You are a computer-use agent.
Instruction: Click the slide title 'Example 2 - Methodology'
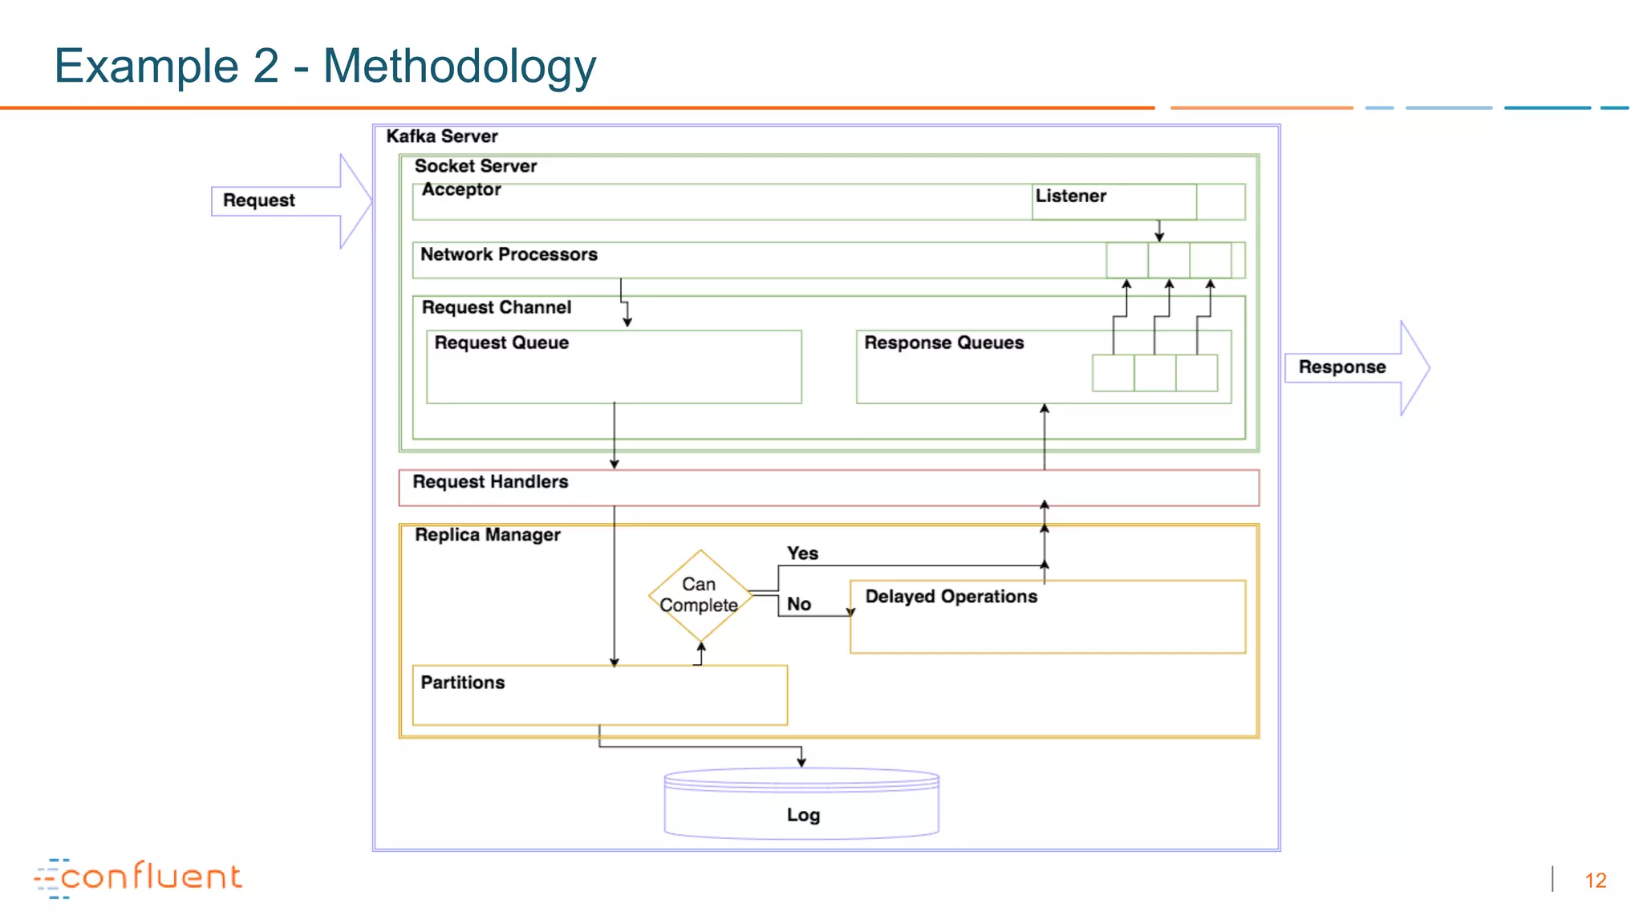point(325,66)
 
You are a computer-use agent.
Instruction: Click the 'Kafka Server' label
point(442,136)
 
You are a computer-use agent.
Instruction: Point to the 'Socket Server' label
point(475,166)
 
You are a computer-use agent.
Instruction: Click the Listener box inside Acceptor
point(1113,201)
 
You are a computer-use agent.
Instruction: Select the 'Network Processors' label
point(509,254)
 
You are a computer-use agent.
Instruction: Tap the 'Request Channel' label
point(496,307)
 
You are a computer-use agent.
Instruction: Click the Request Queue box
point(614,367)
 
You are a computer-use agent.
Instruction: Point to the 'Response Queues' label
point(943,342)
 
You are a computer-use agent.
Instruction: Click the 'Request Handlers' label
point(490,482)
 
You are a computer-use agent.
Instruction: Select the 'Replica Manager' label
point(487,535)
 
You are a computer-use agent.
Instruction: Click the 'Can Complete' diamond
point(700,595)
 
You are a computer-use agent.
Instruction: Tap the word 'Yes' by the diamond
point(802,553)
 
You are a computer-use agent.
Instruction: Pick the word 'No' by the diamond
point(798,604)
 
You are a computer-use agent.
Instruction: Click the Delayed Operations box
point(1047,618)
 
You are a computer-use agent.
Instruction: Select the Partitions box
point(599,695)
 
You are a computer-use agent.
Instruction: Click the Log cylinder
point(801,806)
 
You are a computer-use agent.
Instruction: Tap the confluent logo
point(138,877)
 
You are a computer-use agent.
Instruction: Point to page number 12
point(1595,881)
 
